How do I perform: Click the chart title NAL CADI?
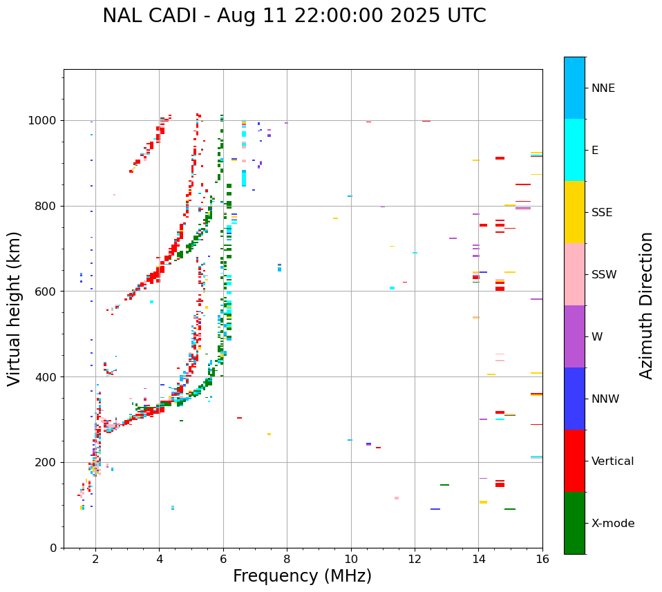coord(294,16)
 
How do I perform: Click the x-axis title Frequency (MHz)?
coord(302,576)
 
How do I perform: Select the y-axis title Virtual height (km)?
coord(15,308)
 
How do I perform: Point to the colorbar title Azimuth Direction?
coord(646,305)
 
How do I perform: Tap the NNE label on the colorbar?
coord(603,88)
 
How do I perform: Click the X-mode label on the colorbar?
coord(613,524)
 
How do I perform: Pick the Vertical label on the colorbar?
coord(612,461)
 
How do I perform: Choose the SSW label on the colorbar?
coord(604,275)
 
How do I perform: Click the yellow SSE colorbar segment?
coord(574,212)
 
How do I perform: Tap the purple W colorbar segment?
coord(574,336)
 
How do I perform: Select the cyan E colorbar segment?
coord(574,150)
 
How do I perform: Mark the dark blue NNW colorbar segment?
coord(574,399)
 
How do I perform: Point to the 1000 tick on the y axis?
coord(45,120)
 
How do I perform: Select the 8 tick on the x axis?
coord(287,559)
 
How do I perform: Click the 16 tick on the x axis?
coord(542,559)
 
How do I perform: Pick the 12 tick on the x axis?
coord(415,559)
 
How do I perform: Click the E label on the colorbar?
coord(595,151)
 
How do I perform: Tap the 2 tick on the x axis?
coord(95,559)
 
